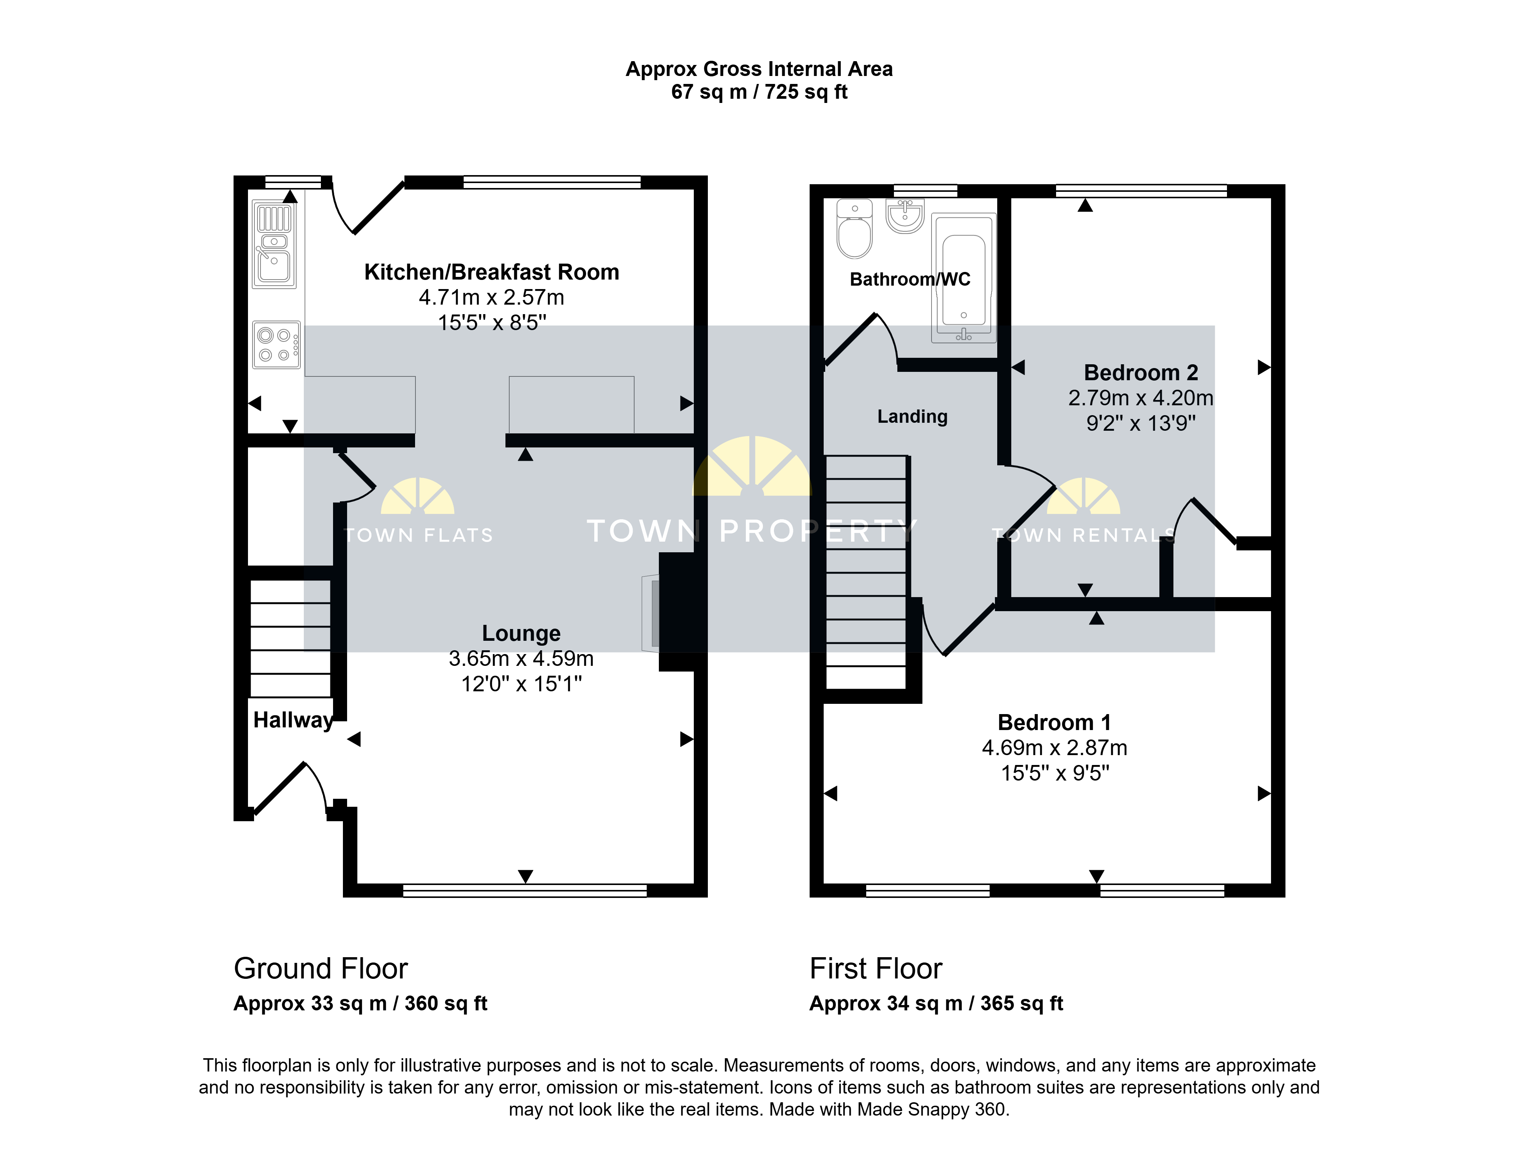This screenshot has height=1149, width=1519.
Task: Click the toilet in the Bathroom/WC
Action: click(854, 229)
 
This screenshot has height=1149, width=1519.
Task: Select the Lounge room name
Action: click(521, 633)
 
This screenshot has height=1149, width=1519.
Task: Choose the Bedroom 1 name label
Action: click(1054, 722)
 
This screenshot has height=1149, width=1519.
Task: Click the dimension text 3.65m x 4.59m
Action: click(521, 659)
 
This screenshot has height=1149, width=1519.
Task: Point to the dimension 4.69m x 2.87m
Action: click(1054, 748)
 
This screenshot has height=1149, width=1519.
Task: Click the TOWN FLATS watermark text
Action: click(418, 536)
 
